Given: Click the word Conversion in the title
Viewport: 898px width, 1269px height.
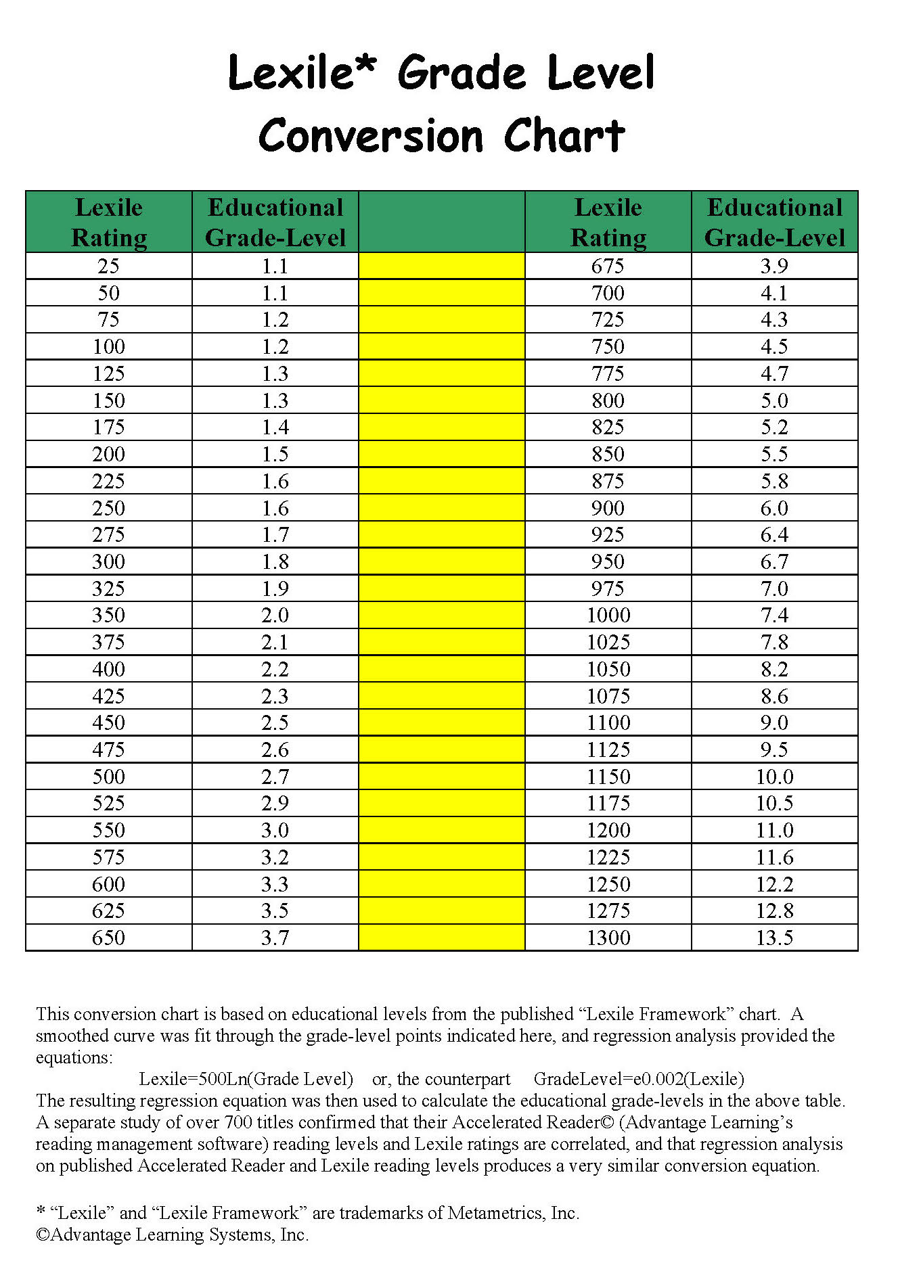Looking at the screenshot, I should [x=371, y=136].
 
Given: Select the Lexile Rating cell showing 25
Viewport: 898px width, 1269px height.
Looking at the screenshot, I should [x=108, y=266].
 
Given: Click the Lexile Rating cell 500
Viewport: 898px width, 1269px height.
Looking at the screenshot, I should [x=108, y=777].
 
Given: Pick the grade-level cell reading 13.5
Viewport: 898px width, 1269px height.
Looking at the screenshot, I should [x=774, y=938].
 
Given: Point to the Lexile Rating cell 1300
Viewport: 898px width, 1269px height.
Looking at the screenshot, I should [x=608, y=938].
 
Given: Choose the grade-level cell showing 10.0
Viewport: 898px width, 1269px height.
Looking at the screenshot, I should [x=774, y=777].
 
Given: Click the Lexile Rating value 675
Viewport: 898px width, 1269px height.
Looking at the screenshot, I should [x=608, y=266].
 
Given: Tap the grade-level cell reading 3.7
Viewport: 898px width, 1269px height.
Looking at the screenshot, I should [x=275, y=938].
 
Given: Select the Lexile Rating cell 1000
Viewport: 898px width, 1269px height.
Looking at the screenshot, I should [x=608, y=615].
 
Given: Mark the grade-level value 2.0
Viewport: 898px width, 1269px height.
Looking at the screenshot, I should [x=275, y=615].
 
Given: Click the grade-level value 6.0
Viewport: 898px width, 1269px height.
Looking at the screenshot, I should [x=774, y=508].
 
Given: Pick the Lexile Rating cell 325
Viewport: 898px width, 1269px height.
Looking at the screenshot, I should [x=108, y=589].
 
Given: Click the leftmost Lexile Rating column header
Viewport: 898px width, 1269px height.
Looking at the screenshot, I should [x=108, y=222].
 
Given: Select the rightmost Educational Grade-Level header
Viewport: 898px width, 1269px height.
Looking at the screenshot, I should [x=774, y=222].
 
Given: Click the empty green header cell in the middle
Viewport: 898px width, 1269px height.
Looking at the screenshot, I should [x=441, y=222].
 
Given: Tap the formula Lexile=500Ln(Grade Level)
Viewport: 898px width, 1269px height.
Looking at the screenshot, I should [x=246, y=1079].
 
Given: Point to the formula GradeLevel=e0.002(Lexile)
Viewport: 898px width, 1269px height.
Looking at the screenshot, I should [x=638, y=1079].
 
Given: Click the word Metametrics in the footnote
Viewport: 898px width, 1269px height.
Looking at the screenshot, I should [x=495, y=1213].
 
